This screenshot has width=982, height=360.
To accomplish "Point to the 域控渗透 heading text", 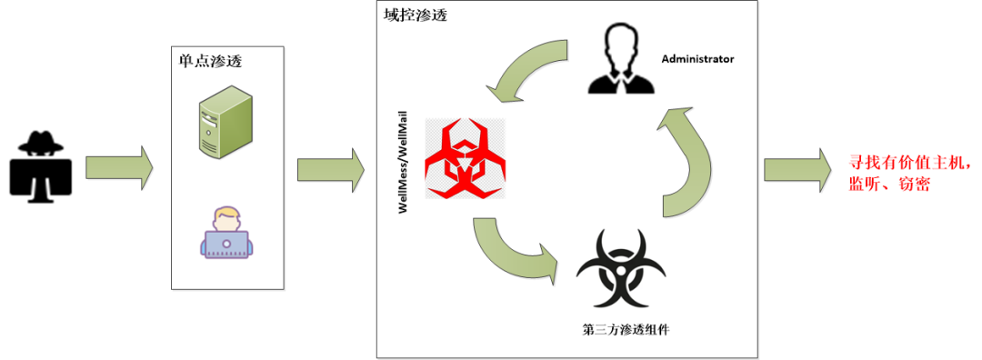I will coord(417,15).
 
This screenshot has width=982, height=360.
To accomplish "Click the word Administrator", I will coord(697,59).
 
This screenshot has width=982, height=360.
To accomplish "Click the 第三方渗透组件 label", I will coord(626,327).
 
